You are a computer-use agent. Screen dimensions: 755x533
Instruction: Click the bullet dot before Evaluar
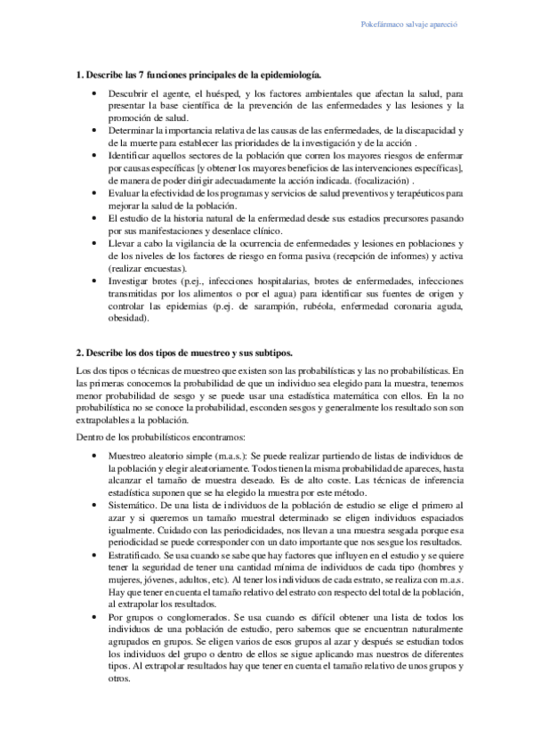pos(95,192)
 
